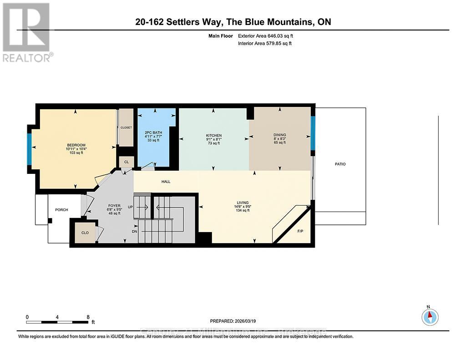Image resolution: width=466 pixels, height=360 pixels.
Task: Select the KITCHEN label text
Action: (213, 136)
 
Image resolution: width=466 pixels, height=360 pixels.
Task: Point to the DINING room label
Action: (279, 135)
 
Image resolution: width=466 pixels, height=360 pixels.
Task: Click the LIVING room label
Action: (242, 203)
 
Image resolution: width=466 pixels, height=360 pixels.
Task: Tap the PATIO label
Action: (340, 164)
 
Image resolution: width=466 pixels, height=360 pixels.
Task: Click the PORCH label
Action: (61, 210)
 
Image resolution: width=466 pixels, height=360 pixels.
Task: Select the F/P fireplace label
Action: (300, 231)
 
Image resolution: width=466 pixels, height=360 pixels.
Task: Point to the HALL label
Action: (166, 182)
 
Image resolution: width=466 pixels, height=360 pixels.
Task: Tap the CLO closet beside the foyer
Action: (85, 232)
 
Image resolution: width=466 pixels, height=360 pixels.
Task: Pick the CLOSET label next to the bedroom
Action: (126, 128)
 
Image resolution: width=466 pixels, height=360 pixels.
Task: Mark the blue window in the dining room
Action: (313, 133)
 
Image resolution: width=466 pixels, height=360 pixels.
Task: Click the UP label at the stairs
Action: (130, 207)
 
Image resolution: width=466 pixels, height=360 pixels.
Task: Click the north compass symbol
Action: (430, 316)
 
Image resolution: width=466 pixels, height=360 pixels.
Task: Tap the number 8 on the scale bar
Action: (87, 317)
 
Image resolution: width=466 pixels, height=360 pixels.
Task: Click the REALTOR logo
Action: (27, 32)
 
